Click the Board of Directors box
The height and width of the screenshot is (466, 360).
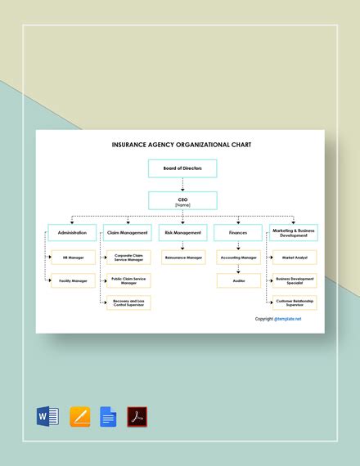pyautogui.click(x=182, y=169)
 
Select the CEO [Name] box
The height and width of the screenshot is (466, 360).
pyautogui.click(x=182, y=200)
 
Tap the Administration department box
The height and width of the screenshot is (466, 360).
pyautogui.click(x=72, y=233)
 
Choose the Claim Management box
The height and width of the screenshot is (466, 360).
pyautogui.click(x=128, y=233)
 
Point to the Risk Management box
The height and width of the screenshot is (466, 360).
pyautogui.click(x=182, y=233)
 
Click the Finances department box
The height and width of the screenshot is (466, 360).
pyautogui.click(x=238, y=233)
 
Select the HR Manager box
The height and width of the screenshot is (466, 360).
pyautogui.click(x=74, y=258)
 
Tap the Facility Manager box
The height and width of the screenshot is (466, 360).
pyautogui.click(x=74, y=280)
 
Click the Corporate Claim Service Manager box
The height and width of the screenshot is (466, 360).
pyautogui.click(x=129, y=258)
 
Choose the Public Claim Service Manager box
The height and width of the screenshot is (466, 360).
pyautogui.click(x=129, y=280)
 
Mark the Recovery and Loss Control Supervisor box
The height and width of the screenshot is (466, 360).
pyautogui.click(x=129, y=302)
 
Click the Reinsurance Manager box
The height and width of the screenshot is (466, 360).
pyautogui.click(x=183, y=258)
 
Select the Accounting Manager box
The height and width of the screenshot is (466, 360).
pyautogui.click(x=238, y=258)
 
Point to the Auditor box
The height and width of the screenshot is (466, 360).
pyautogui.click(x=238, y=280)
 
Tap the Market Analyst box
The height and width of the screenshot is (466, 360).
pyautogui.click(x=295, y=258)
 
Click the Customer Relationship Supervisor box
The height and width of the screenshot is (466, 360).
pyautogui.click(x=295, y=302)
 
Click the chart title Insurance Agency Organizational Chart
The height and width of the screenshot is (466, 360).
pyautogui.click(x=182, y=144)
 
